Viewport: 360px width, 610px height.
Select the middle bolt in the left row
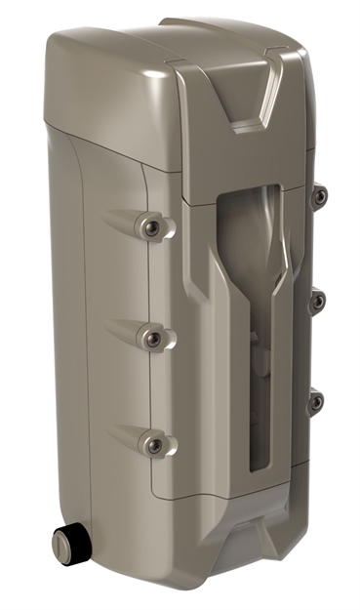152,337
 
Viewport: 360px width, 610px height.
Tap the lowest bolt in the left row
154,445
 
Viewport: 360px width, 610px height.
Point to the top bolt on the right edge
319,198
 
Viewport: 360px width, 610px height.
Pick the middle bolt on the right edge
317,302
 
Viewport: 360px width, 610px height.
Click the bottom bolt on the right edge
315,400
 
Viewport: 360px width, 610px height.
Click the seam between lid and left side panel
107,146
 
